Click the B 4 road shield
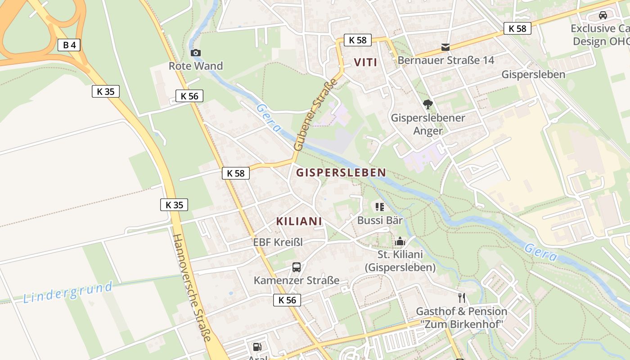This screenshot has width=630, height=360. (x=69, y=45)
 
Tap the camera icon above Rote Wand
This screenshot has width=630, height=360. (x=195, y=53)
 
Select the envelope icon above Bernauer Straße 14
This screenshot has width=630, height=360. (x=445, y=47)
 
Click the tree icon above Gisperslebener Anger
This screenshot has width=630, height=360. (x=428, y=105)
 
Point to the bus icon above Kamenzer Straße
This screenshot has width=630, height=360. (x=297, y=267)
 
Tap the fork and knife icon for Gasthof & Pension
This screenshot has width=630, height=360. (x=461, y=297)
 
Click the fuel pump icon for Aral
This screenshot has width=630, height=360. (x=257, y=346)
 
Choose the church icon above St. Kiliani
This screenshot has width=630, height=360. (x=400, y=242)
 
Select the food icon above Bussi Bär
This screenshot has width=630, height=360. (x=380, y=207)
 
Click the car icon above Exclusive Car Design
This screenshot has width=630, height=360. (x=603, y=15)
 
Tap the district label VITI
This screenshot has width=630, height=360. (x=365, y=62)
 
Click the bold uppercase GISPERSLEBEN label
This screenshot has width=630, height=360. (x=341, y=172)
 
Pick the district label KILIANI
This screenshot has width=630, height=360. (x=299, y=221)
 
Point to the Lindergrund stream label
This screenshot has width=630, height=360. (x=67, y=292)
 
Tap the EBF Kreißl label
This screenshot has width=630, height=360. (x=278, y=242)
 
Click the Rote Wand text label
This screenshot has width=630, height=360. (x=196, y=66)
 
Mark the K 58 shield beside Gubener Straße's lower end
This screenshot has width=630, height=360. (x=236, y=173)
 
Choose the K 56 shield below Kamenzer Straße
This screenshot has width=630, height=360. (x=287, y=300)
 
